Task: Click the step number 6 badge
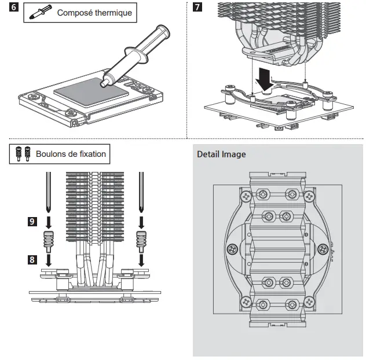point(14,7)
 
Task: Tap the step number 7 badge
point(197,7)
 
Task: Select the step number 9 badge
point(32,222)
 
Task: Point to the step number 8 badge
point(32,259)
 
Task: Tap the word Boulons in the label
point(49,154)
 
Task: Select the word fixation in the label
point(93,154)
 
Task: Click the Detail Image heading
point(221,154)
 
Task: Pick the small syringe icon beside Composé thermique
point(41,12)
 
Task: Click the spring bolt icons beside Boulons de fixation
point(23,154)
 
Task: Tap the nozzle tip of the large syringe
point(103,84)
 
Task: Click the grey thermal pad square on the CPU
point(91,93)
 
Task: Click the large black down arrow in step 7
point(265,79)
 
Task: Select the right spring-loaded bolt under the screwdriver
point(141,242)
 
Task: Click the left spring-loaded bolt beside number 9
point(49,242)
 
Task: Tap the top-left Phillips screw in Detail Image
point(246,196)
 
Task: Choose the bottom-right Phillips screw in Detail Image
point(309,302)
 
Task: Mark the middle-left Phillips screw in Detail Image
point(232,249)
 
